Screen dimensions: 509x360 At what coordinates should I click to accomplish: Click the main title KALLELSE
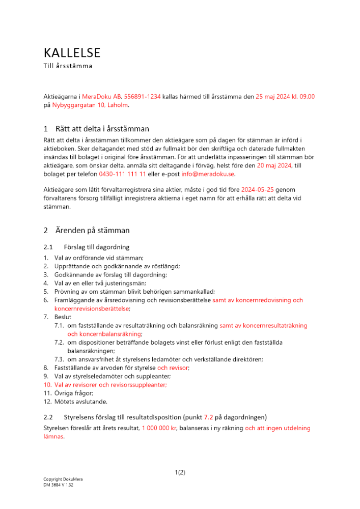coord(72,53)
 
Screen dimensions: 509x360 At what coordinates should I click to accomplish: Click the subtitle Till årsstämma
coord(67,66)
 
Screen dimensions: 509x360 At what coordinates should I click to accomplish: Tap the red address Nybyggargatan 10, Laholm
coord(91,105)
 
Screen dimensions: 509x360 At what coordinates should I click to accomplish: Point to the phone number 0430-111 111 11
coord(123,174)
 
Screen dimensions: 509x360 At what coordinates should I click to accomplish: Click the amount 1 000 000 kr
coord(159,429)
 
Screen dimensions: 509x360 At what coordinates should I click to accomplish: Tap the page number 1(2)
coord(180,472)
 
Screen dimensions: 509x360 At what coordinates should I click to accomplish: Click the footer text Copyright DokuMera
coord(63,479)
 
